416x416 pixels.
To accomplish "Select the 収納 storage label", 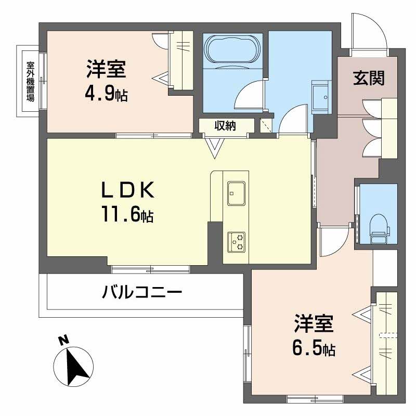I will click(225, 126).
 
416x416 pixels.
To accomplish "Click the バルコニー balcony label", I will click(141, 292).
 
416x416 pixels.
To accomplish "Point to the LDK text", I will click(127, 191).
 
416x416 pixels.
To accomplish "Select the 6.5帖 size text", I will click(312, 347).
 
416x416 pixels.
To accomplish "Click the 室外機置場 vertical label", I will click(31, 81).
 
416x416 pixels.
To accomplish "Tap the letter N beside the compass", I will click(63, 341).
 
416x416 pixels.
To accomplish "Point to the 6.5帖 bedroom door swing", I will click(333, 242).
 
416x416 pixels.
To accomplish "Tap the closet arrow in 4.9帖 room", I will click(161, 79).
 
